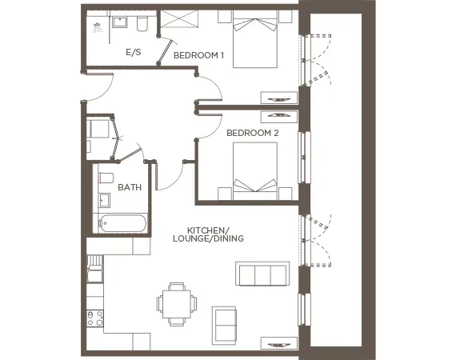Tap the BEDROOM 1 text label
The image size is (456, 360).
pyautogui.click(x=199, y=55)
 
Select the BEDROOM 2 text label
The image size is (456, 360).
pyautogui.click(x=252, y=132)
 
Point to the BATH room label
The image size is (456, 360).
pyautogui.click(x=129, y=187)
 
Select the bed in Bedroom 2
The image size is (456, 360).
pyautogui.click(x=255, y=170)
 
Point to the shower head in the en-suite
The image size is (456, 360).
pyautogui.click(x=98, y=26)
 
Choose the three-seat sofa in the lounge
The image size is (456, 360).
pyautogui.click(x=262, y=274)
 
